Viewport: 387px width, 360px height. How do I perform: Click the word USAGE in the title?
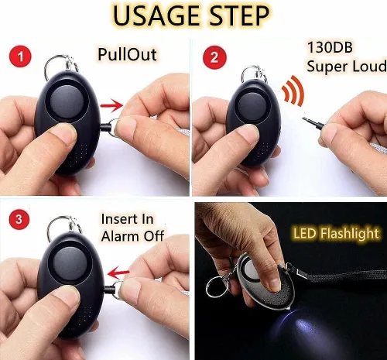pyautogui.click(x=156, y=16)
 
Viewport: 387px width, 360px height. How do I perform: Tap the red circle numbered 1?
pyautogui.click(x=20, y=57)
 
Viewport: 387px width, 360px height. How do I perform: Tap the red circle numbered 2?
pyautogui.click(x=214, y=57)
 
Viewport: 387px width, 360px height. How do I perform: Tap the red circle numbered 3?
pyautogui.click(x=19, y=219)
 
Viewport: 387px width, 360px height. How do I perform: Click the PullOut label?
pyautogui.click(x=127, y=54)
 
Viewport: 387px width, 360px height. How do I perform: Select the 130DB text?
pyautogui.click(x=330, y=47)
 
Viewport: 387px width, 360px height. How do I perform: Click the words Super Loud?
pyautogui.click(x=346, y=66)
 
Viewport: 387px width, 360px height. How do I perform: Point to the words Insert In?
pyautogui.click(x=127, y=219)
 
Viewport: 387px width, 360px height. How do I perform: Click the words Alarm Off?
pyautogui.click(x=132, y=236)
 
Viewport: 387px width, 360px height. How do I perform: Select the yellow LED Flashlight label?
pyautogui.click(x=336, y=234)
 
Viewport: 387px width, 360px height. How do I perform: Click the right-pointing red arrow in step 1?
pyautogui.click(x=111, y=105)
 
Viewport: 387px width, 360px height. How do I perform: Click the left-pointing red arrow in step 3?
pyautogui.click(x=118, y=273)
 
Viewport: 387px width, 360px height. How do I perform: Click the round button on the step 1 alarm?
pyautogui.click(x=67, y=101)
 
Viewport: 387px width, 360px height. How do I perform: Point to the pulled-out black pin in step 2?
pyautogui.click(x=313, y=123)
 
